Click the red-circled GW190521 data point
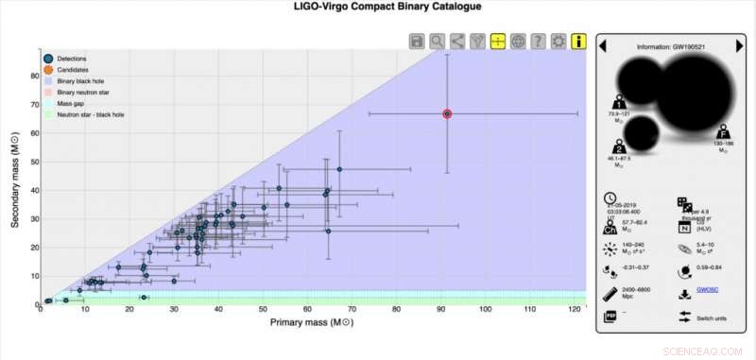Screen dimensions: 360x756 point(447,113)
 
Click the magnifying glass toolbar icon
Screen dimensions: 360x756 point(437,41)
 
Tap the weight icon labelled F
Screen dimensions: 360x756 point(721,131)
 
